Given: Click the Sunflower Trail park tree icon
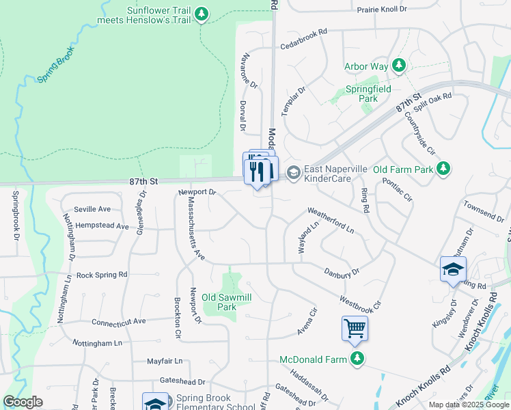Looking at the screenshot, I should click(201, 14).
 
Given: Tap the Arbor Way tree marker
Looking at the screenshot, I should click(399, 66).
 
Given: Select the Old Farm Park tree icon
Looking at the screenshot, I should click(443, 168).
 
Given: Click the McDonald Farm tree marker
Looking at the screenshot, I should click(356, 359).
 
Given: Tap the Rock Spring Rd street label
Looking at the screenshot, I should click(102, 275).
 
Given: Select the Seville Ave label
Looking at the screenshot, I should click(93, 209).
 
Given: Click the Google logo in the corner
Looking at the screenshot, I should click(23, 402).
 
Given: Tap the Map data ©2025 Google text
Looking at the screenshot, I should click(469, 405).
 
